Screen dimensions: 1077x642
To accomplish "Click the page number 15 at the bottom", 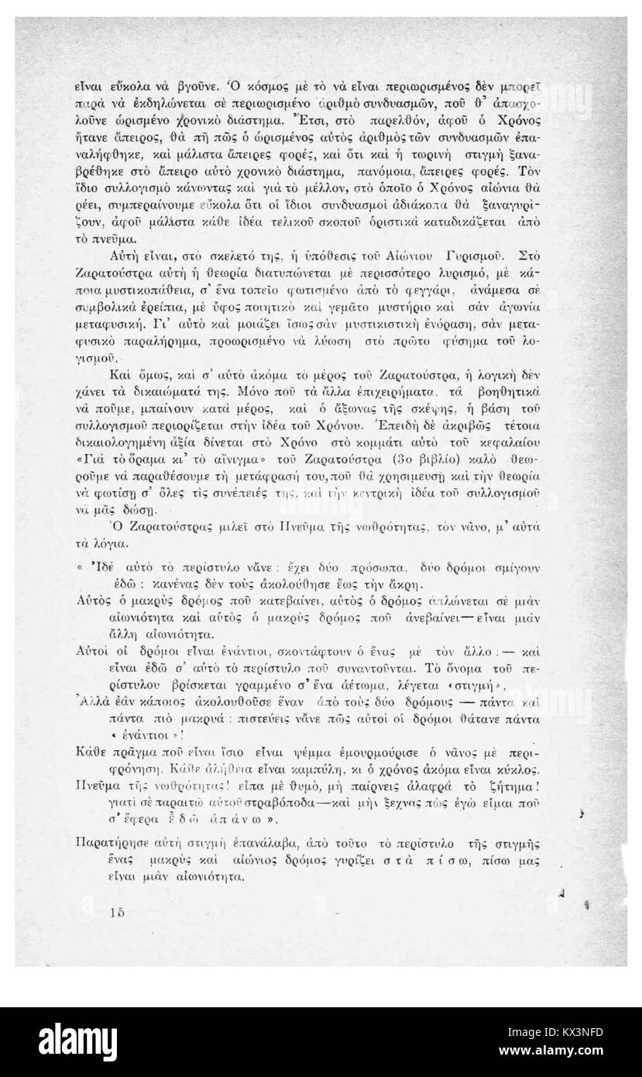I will point(117,913).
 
